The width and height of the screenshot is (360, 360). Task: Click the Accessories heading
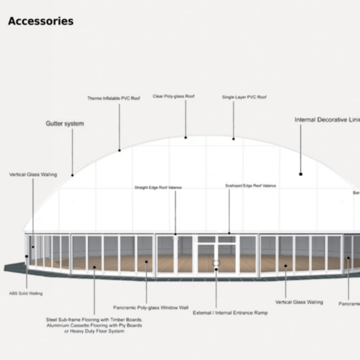coord(41,22)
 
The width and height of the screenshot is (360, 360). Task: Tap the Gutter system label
coord(65,124)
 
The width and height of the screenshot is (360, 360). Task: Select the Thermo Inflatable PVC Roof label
coord(113,98)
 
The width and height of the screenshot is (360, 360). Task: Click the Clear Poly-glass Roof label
coord(173,96)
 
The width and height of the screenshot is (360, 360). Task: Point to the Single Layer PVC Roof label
coord(244,97)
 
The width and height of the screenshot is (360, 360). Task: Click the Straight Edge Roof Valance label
coord(158,188)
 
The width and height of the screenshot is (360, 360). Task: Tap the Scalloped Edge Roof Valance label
coord(251,186)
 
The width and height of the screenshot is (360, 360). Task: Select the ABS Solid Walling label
coord(26,293)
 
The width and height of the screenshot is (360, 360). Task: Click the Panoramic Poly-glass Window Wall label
coord(151,308)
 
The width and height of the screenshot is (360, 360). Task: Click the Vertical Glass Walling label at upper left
coord(33,175)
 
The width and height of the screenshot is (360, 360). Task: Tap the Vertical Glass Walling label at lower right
coord(299,302)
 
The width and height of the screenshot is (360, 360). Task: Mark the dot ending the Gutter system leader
coord(73,175)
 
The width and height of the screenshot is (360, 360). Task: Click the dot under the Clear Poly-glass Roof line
coord(185,137)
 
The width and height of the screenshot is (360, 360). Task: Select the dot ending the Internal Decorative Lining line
coord(301,174)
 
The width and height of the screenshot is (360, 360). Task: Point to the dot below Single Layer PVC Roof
coord(233,138)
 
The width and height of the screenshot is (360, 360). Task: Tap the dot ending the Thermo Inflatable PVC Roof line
coord(119,150)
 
